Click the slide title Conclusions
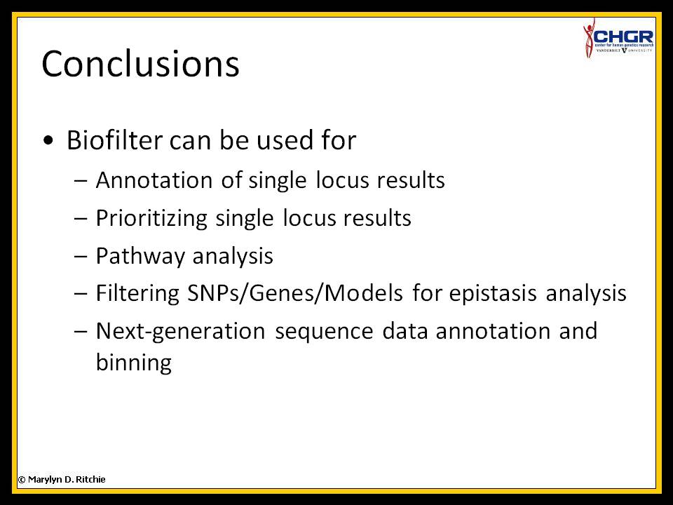click(140, 64)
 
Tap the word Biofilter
click(114, 140)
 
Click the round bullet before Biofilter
click(48, 140)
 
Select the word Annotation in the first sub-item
click(154, 180)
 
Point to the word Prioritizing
click(151, 219)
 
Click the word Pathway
click(140, 257)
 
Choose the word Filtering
click(137, 294)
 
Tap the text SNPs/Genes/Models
click(295, 294)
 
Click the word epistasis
click(493, 295)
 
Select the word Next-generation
click(180, 332)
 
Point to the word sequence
click(324, 332)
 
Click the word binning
click(133, 363)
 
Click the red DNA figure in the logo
click(589, 38)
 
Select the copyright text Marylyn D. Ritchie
click(67, 480)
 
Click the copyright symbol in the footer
click(22, 480)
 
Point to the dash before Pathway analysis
click(81, 256)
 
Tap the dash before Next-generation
click(81, 332)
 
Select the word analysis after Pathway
click(233, 257)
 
